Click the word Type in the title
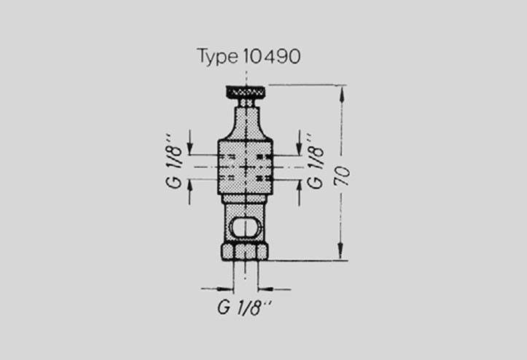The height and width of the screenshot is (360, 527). (217, 56)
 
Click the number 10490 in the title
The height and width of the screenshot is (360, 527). (271, 56)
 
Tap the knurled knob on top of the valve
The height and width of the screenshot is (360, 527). (246, 91)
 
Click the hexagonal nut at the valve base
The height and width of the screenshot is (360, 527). (245, 251)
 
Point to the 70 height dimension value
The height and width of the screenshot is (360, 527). (342, 176)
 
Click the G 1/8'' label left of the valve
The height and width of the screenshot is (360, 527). (173, 161)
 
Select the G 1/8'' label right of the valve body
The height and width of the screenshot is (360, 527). (316, 161)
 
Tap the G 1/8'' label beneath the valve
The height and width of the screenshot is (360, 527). (244, 308)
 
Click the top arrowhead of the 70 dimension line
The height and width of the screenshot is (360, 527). (342, 93)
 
